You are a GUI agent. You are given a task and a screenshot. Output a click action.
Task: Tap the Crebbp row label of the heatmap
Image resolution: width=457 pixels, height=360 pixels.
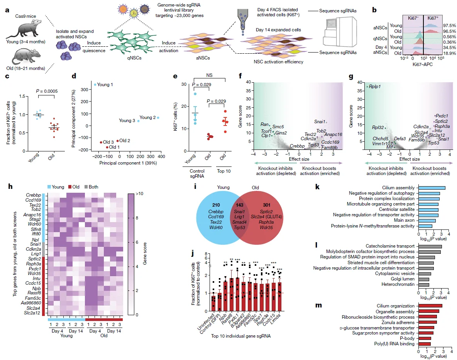tap(34, 195)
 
